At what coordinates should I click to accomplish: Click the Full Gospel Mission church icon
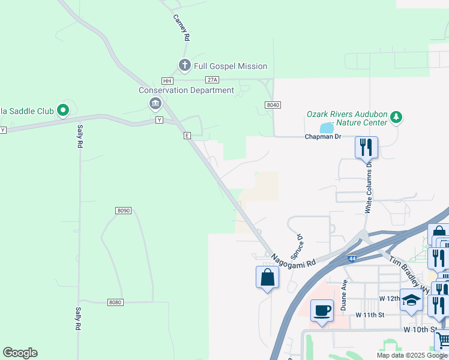click(184, 65)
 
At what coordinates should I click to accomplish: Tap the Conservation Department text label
click(186, 91)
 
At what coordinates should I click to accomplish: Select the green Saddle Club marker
click(63, 110)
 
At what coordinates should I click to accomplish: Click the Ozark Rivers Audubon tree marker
click(396, 116)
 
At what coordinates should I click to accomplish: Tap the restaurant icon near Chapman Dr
click(366, 146)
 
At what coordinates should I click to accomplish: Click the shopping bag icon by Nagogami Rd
click(267, 278)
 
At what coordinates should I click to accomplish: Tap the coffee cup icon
click(322, 311)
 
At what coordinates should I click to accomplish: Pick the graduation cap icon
click(411, 299)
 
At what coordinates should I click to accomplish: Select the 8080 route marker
click(116, 302)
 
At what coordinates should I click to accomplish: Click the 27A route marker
click(212, 80)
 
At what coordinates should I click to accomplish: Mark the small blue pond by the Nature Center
click(326, 128)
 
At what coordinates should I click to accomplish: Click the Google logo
click(20, 353)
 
